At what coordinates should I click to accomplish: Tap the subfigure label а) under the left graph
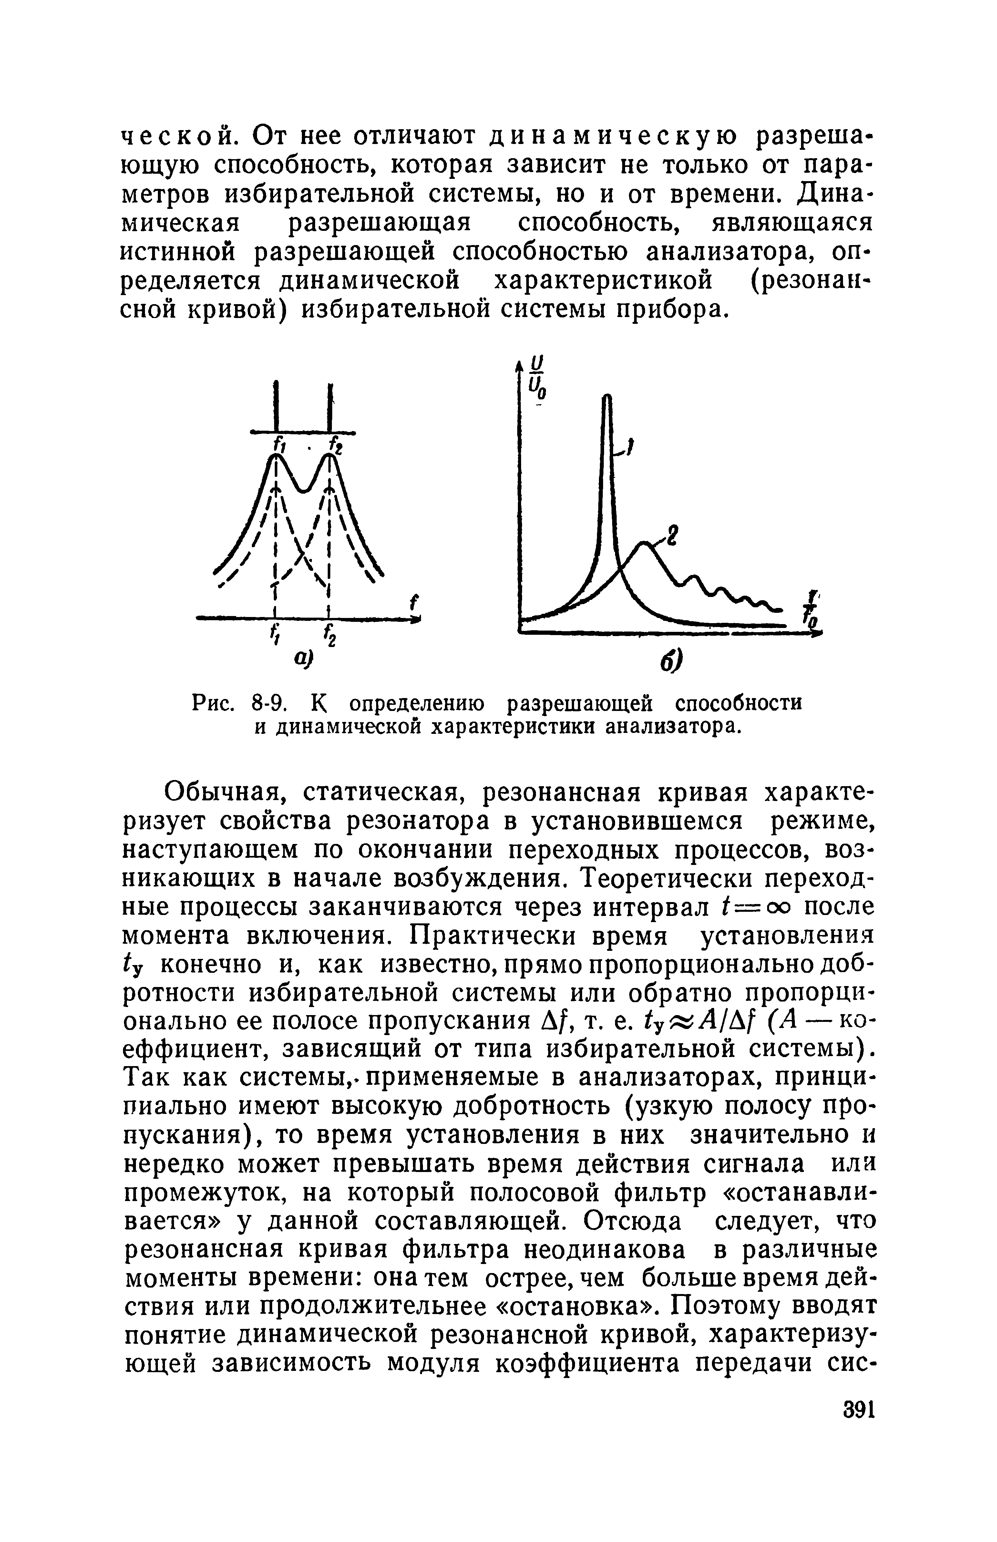303,658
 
